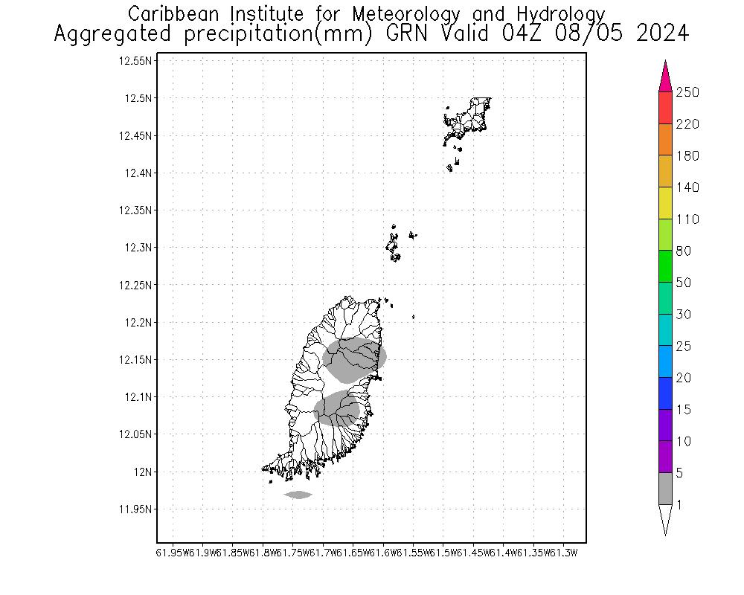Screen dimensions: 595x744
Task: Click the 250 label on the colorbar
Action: pos(687,92)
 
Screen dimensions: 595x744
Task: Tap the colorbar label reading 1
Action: pos(679,505)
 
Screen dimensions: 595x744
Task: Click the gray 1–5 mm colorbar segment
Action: pos(666,489)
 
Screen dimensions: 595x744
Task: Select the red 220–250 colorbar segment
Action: pos(666,108)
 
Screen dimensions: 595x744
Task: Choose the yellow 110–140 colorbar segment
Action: pos(666,203)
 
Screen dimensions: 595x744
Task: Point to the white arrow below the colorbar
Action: pos(666,519)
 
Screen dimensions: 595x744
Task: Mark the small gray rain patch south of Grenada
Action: pos(298,495)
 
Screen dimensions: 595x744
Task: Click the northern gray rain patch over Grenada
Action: pos(356,358)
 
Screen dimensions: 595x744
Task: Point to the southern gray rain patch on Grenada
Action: pos(337,408)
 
